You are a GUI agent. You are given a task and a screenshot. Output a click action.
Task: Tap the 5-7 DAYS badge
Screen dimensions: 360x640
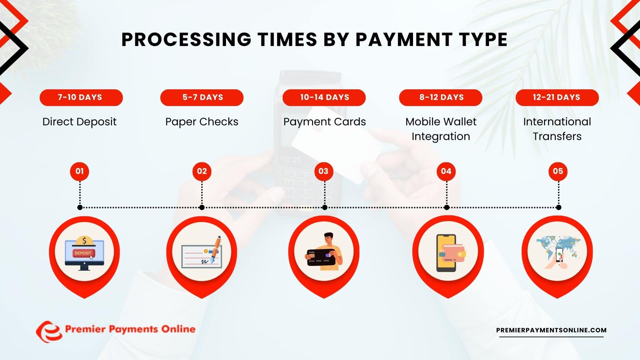[202, 97]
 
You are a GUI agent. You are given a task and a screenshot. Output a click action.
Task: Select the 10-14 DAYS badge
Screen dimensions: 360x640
[324, 97]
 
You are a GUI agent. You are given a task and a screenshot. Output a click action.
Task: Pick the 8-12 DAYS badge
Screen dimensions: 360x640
[441, 97]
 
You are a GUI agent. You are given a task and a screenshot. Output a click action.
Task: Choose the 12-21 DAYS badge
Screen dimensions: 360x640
[557, 97]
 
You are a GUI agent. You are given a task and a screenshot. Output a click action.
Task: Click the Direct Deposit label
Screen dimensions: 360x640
[79, 122]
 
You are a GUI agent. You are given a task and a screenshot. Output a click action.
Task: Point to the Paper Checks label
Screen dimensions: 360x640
[202, 122]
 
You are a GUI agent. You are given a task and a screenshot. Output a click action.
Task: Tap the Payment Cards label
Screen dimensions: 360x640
[324, 122]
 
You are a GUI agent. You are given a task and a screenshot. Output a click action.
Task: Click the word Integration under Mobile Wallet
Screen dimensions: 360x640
[441, 137]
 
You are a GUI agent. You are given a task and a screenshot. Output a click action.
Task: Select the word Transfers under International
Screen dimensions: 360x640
[557, 137]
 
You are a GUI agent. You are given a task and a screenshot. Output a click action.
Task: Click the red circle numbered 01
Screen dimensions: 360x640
[79, 171]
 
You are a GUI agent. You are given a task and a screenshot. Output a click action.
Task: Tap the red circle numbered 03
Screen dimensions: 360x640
[323, 171]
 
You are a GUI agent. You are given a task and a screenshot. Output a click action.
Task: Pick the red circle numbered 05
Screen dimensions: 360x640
[558, 171]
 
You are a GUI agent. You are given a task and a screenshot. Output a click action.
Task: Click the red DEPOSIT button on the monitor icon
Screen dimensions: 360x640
[83, 253]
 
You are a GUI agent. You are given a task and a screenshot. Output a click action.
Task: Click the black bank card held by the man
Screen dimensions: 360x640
[321, 257]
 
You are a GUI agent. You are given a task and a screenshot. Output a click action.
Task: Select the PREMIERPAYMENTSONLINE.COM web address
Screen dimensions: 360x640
[551, 330]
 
